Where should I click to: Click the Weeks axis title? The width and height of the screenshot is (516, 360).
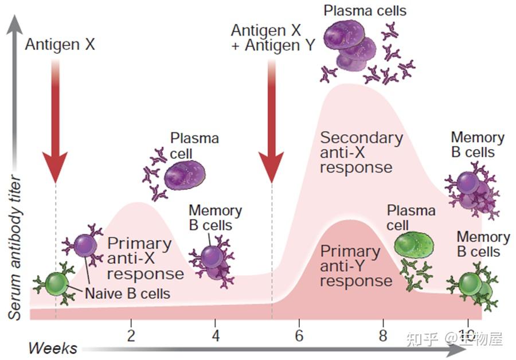(53, 348)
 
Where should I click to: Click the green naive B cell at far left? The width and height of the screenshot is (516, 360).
(56, 284)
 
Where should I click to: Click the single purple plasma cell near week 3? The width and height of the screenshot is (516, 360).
(184, 175)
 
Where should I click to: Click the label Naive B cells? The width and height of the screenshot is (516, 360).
(128, 294)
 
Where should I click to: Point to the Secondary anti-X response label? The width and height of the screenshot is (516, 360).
(361, 152)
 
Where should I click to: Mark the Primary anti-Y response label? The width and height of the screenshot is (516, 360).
(356, 266)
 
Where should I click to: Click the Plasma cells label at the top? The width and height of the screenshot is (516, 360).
(365, 10)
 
